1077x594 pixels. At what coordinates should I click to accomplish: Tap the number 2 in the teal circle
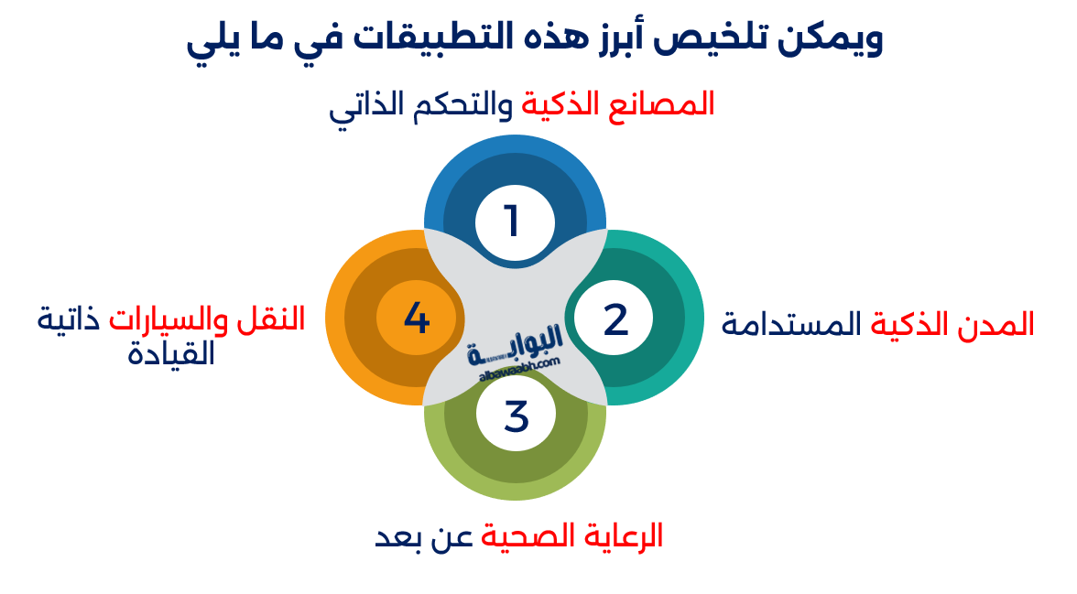(x=615, y=319)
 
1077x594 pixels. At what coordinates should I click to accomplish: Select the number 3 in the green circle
(x=517, y=416)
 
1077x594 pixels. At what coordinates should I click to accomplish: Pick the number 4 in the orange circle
(x=417, y=319)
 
